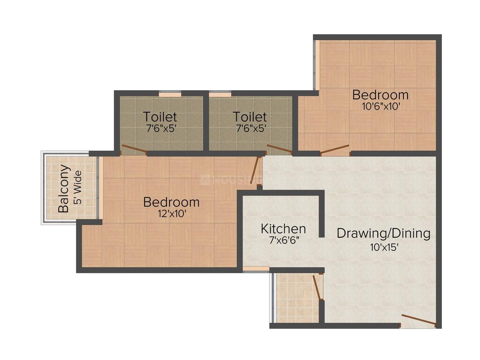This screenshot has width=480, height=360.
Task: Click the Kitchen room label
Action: click(x=283, y=228)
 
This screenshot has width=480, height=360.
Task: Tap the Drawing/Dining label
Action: click(x=383, y=233)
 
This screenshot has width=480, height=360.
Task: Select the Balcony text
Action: click(x=63, y=189)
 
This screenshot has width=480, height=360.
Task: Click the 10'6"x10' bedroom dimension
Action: click(x=380, y=106)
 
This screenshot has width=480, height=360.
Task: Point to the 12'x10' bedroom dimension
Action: click(x=171, y=214)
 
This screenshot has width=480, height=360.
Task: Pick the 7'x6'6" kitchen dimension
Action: click(x=283, y=240)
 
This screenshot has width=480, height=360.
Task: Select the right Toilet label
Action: click(x=250, y=116)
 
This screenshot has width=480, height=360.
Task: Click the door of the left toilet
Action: click(x=134, y=149)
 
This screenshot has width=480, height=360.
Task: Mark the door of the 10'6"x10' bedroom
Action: click(x=334, y=150)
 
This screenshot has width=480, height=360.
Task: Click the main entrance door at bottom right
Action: click(x=418, y=320)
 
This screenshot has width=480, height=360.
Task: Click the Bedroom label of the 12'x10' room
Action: click(x=171, y=202)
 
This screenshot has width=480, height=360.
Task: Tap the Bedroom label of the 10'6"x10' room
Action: click(x=380, y=95)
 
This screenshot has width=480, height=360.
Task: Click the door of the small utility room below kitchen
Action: click(x=317, y=287)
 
